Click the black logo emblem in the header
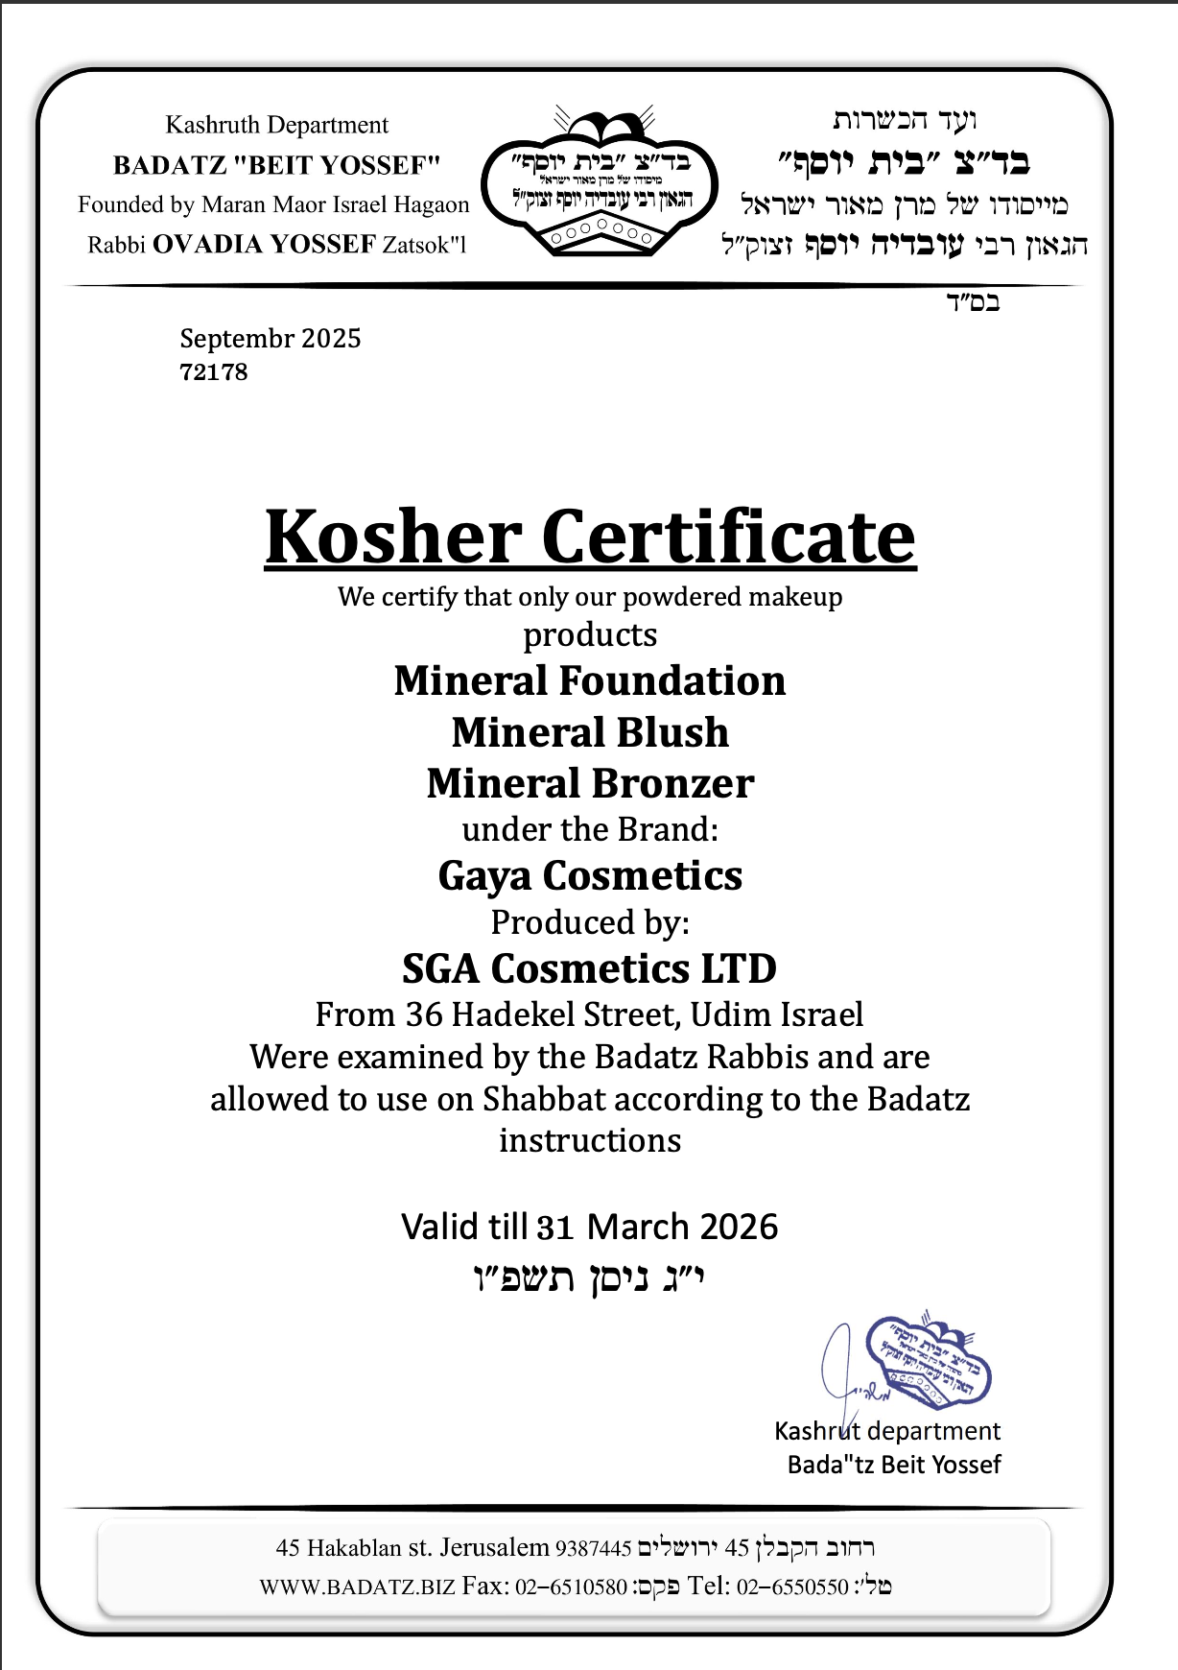click(x=599, y=182)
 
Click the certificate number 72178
click(x=214, y=372)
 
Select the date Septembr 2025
click(x=271, y=339)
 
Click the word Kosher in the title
click(x=393, y=537)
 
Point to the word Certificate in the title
click(x=729, y=537)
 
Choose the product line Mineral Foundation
click(x=590, y=681)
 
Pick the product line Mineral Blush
click(x=590, y=732)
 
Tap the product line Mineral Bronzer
click(x=590, y=783)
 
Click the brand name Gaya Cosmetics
click(x=590, y=875)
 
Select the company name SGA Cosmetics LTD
click(x=590, y=968)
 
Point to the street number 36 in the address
click(x=423, y=1014)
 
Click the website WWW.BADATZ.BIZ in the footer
click(x=357, y=1586)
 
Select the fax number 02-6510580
click(x=571, y=1586)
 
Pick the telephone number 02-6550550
click(x=792, y=1586)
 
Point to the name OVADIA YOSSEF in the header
click(x=264, y=245)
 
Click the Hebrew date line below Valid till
click(x=590, y=1278)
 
